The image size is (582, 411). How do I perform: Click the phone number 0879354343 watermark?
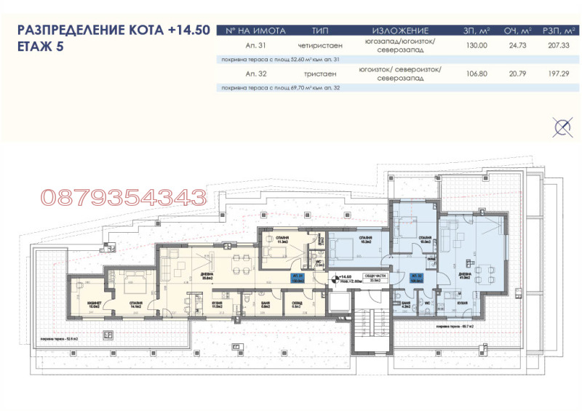click(x=124, y=196)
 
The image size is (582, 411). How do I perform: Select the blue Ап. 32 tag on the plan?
click(x=417, y=278)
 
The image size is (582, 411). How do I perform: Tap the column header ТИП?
click(x=320, y=31)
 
